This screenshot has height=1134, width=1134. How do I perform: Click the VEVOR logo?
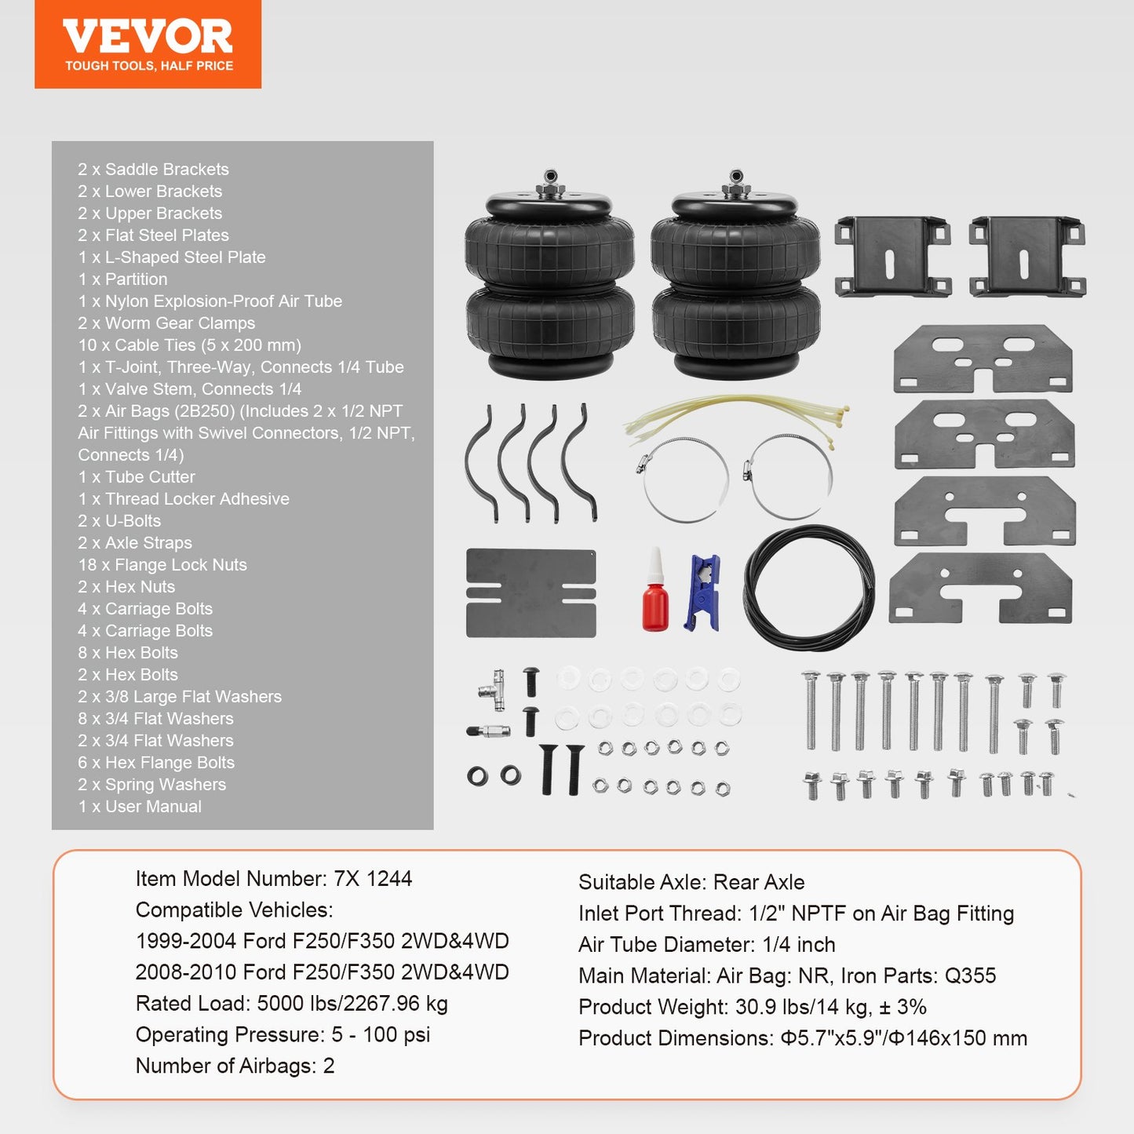tap(148, 44)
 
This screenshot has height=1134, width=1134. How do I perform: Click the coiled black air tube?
tap(809, 588)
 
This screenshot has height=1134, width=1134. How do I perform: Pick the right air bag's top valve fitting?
tap(735, 181)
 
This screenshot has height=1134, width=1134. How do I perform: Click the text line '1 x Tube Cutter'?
tap(137, 477)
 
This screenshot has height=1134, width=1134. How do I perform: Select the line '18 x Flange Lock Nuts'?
tap(162, 565)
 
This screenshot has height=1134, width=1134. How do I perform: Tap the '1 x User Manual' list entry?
tap(140, 807)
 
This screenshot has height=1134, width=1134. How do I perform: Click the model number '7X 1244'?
tap(373, 879)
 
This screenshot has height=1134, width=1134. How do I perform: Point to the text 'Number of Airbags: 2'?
tap(235, 1066)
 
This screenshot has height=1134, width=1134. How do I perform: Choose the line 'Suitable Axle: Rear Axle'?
tap(691, 882)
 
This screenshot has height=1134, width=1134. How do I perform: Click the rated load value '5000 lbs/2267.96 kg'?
tap(352, 1004)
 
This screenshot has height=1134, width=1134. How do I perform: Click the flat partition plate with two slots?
tap(531, 593)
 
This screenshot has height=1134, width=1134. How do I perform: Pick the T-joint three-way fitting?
tap(493, 686)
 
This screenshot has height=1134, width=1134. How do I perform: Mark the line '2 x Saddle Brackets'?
tap(153, 170)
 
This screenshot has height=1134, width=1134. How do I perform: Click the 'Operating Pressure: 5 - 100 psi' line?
tap(283, 1035)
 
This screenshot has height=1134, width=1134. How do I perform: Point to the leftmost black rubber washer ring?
tap(477, 777)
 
